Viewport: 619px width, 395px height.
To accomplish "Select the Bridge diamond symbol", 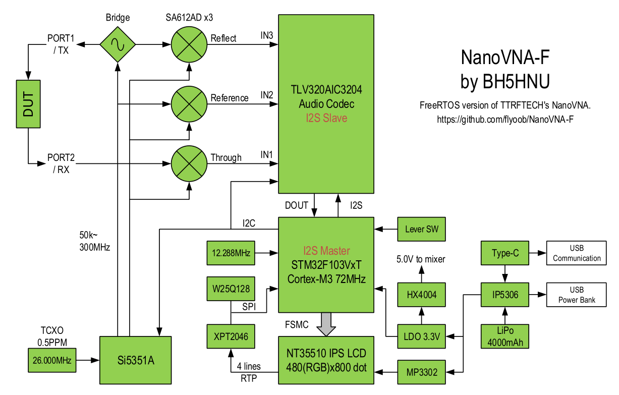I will [117, 44].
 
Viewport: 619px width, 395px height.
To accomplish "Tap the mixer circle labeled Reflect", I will [189, 44].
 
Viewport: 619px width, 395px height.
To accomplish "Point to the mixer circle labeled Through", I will [189, 163].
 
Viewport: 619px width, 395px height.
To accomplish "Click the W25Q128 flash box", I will [231, 289].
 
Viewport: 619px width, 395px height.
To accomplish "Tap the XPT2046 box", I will [231, 336].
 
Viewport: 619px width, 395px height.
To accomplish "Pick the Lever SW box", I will [422, 229].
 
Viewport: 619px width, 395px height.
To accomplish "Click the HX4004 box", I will [422, 295].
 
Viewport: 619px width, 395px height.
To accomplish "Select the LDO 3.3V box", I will [422, 336].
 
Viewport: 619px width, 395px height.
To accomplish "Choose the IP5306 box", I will [505, 295].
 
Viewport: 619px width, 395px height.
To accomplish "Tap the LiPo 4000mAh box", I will [505, 336].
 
